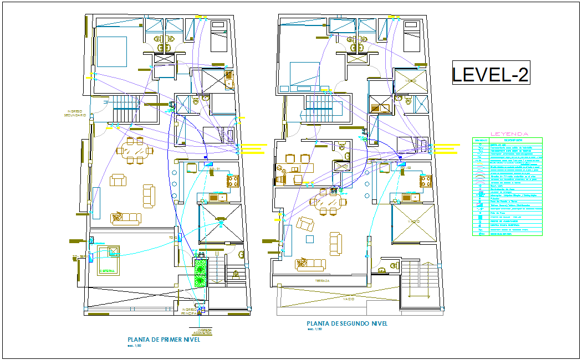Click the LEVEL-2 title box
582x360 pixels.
491,74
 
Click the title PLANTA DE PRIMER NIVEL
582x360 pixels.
164,340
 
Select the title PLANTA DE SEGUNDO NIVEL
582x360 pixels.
347,323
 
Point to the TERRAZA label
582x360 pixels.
323,281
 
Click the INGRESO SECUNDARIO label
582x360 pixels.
74,113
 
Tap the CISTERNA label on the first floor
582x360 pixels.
107,271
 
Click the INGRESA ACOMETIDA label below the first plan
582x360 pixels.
202,331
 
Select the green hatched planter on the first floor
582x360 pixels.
200,272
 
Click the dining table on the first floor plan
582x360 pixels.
135,150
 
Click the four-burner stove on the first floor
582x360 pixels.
232,181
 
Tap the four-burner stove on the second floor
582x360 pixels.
426,181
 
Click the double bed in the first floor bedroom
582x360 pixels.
111,51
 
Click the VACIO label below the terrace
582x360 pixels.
349,299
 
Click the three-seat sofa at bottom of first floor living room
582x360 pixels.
126,217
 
